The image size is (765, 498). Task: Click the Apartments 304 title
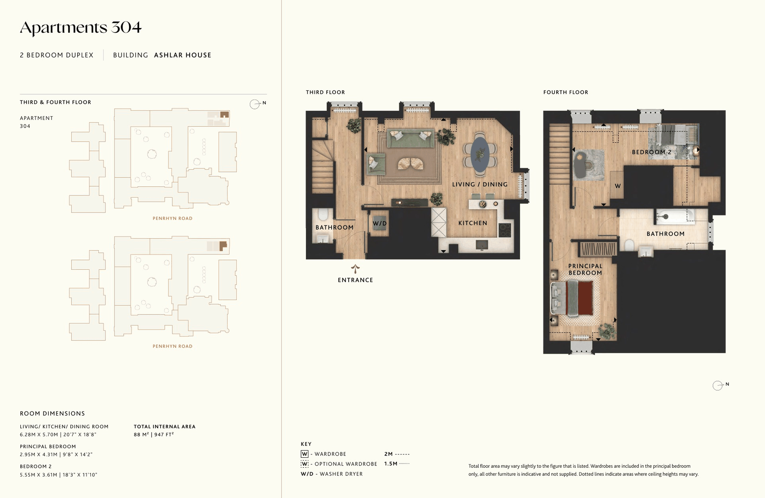pyautogui.click(x=81, y=28)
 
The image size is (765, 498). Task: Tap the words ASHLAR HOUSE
pyautogui.click(x=183, y=55)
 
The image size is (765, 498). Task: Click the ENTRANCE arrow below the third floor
pyautogui.click(x=355, y=269)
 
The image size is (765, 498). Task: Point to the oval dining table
pyautogui.click(x=480, y=154)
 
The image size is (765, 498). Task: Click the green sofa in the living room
pyautogui.click(x=411, y=138)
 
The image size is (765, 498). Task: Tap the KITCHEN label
pyautogui.click(x=473, y=223)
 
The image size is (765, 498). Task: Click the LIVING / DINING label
pyautogui.click(x=480, y=184)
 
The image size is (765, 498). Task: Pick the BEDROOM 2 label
pyautogui.click(x=652, y=152)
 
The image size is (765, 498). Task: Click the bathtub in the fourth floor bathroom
pyautogui.click(x=675, y=216)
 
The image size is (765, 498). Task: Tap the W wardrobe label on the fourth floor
pyautogui.click(x=618, y=186)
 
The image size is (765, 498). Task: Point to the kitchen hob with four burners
pyautogui.click(x=505, y=230)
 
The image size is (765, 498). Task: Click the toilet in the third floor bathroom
pyautogui.click(x=323, y=215)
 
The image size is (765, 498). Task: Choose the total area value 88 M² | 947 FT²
pyautogui.click(x=154, y=435)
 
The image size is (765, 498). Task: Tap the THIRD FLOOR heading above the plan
pyautogui.click(x=325, y=92)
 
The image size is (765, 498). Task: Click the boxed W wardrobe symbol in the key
pyautogui.click(x=305, y=454)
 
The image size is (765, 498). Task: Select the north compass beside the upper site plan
pyautogui.click(x=255, y=104)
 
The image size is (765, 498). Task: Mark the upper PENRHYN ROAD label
pyautogui.click(x=173, y=218)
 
